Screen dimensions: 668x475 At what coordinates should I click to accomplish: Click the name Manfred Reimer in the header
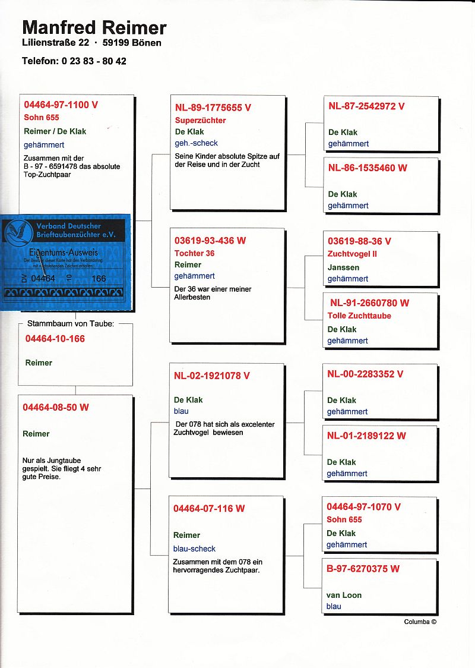(94, 27)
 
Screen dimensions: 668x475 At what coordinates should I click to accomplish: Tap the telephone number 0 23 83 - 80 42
(94, 61)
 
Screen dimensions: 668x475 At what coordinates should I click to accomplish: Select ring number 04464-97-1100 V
(61, 105)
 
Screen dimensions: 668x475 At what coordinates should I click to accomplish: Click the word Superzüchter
(200, 120)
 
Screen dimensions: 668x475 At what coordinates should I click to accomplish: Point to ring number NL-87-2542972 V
(366, 106)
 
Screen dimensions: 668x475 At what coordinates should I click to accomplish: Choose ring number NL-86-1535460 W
(368, 168)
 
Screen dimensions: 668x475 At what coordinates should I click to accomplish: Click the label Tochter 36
(195, 253)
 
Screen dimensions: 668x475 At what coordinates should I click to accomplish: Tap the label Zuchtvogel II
(353, 254)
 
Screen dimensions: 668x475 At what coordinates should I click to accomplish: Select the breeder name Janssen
(343, 267)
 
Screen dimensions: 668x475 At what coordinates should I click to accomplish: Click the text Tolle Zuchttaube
(359, 316)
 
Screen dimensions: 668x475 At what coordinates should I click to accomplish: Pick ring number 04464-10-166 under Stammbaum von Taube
(55, 339)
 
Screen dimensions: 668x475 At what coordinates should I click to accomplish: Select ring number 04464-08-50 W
(56, 408)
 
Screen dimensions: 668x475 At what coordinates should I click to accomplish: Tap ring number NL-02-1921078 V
(212, 376)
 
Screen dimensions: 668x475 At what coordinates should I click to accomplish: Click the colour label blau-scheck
(194, 549)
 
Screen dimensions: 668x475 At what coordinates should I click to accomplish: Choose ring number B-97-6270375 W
(363, 569)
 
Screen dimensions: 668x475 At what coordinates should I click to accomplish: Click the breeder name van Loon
(344, 595)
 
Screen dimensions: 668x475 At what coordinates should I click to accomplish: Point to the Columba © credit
(420, 622)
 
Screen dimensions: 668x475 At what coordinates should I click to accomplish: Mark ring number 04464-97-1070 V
(363, 507)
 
